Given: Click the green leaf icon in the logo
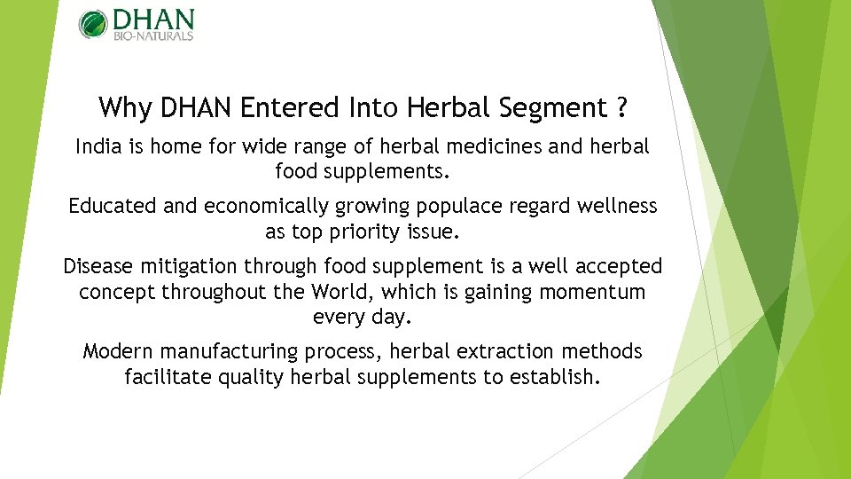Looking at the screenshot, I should [x=92, y=24].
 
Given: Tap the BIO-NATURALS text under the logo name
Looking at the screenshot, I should [x=152, y=36].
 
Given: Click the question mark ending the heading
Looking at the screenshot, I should [x=622, y=108].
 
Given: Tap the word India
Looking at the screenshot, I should [x=97, y=145].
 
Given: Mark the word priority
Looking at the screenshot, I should [x=364, y=232].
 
